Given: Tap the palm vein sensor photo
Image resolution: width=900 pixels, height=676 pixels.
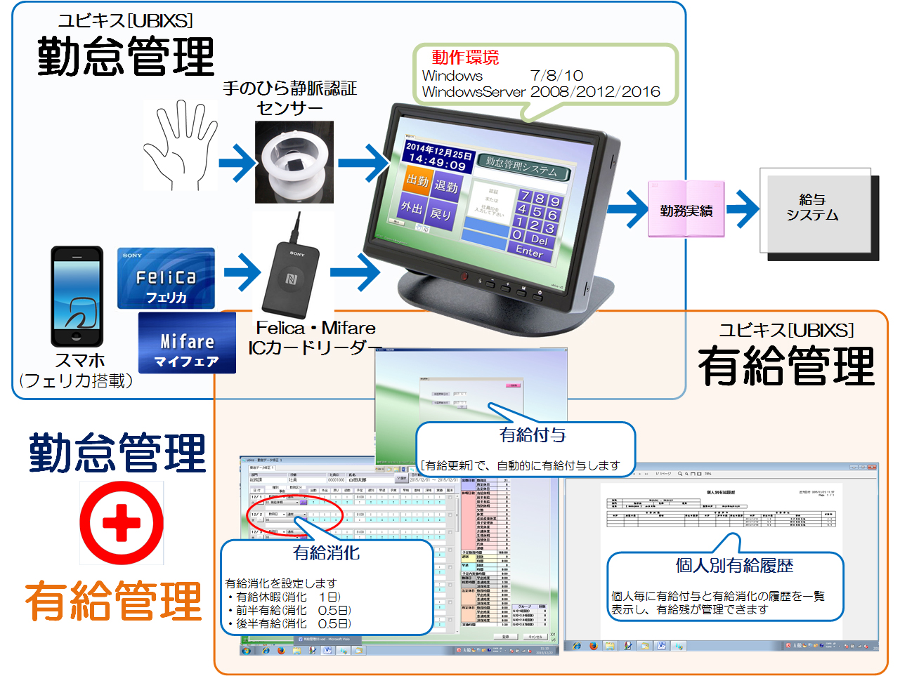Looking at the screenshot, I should (294, 162).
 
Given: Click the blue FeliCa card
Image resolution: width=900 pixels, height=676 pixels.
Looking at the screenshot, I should (166, 278).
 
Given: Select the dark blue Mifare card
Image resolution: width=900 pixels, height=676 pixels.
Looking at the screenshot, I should (187, 343).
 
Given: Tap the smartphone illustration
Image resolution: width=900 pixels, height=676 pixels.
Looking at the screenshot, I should (77, 296).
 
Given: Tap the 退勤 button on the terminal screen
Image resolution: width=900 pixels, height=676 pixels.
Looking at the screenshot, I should (446, 185).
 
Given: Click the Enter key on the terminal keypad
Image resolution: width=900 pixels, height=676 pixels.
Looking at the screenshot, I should (529, 251).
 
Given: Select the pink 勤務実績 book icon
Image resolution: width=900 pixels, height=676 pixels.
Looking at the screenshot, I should (686, 210).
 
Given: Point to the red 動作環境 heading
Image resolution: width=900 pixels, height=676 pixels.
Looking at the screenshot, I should (465, 57).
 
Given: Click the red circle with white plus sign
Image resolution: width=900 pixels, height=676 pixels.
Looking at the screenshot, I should (122, 523).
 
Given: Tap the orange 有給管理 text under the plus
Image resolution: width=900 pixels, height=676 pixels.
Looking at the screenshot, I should (114, 600).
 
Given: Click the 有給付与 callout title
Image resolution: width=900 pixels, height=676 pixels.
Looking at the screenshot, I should (532, 435).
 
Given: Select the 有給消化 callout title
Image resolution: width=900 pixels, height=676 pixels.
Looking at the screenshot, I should (326, 553).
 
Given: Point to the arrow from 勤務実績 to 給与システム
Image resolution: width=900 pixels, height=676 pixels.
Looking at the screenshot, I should (743, 208).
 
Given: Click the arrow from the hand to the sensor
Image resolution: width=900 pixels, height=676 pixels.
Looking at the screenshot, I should (237, 163).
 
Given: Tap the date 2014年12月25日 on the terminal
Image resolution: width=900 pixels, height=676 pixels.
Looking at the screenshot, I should (438, 150).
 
